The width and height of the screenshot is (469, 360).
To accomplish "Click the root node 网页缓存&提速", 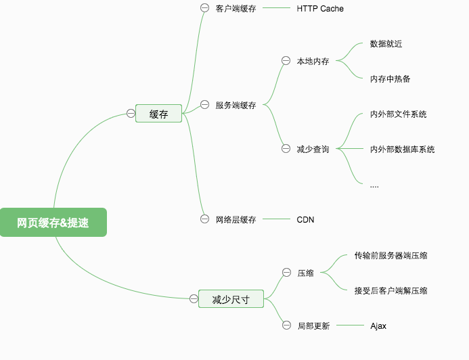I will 53,223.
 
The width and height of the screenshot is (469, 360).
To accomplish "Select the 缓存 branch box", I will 159,114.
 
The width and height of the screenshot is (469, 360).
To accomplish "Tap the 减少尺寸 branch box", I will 231,299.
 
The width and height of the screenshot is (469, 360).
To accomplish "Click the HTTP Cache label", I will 320,9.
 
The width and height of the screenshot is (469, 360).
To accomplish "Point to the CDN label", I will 305,219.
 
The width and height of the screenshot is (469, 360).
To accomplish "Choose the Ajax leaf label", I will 378,325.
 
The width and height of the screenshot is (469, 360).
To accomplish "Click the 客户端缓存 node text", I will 236,9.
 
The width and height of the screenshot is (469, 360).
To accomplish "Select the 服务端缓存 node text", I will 236,105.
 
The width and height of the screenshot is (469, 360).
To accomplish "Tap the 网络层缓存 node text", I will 236,219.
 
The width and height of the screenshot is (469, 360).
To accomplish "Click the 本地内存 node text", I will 313,61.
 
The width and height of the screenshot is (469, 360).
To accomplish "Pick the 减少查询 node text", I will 313,149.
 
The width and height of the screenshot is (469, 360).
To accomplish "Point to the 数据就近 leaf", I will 386,44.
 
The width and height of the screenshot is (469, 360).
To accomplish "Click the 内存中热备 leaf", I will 390,78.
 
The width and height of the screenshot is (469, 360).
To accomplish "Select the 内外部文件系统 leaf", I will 399,114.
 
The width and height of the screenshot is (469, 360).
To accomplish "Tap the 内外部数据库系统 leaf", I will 403,149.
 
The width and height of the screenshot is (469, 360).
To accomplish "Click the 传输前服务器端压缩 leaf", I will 390,255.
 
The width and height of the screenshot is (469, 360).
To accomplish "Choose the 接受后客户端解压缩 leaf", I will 390,290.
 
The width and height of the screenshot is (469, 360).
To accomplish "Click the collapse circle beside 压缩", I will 286,273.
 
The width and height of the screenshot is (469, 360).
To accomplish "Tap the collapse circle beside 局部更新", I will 286,325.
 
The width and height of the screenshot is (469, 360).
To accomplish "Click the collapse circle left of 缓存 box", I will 131,114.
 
